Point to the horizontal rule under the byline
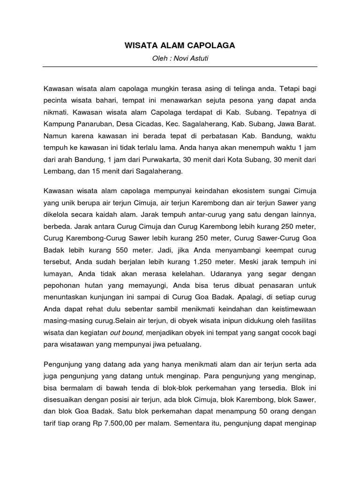180,67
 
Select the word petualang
184,345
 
